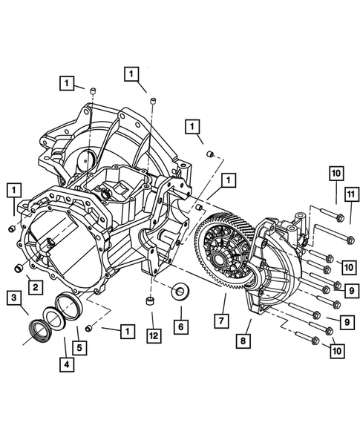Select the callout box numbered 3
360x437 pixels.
(x=14, y=298)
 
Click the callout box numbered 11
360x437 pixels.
(x=346, y=195)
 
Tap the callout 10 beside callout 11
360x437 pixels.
(x=335, y=173)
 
